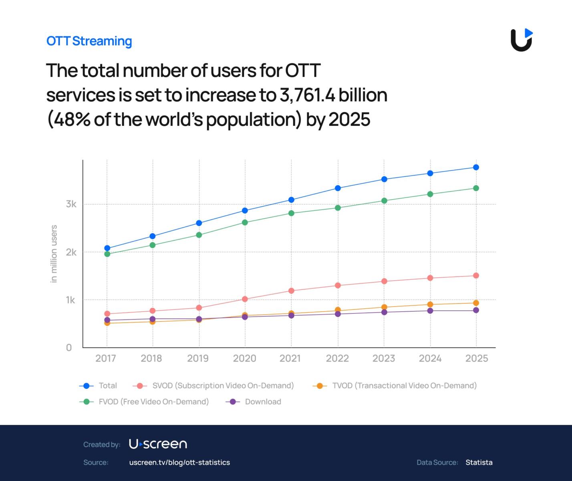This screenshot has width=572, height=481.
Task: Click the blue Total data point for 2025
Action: coord(476,167)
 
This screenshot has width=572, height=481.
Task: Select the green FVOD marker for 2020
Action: coord(245,222)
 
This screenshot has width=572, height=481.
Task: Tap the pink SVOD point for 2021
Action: coord(291,291)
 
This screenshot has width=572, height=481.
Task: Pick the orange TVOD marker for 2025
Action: coord(476,303)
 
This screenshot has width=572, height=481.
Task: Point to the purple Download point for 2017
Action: coord(107,320)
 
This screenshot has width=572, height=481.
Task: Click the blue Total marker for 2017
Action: coord(107,248)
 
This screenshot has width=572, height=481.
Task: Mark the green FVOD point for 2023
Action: coord(384,201)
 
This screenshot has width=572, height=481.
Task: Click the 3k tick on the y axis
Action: coord(71,204)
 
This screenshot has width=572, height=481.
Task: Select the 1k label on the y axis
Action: coord(70,300)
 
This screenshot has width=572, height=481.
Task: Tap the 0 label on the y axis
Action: coord(69,348)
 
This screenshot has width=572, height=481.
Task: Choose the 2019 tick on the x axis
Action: coord(198,358)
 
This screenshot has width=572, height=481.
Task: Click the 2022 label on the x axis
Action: coord(337,358)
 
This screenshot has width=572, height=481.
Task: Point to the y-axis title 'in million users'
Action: coord(54,254)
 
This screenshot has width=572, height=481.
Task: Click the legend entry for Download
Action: coord(263,402)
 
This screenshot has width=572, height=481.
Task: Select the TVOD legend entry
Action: coord(404,386)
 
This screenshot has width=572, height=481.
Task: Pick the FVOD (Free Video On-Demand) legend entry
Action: coord(153,402)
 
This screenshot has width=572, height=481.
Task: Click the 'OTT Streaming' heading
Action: coord(89,41)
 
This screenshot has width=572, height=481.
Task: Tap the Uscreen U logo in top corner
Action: coord(522,40)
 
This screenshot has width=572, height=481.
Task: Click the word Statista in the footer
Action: coord(479,462)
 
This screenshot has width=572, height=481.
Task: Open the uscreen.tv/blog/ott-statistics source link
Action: coord(179,462)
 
